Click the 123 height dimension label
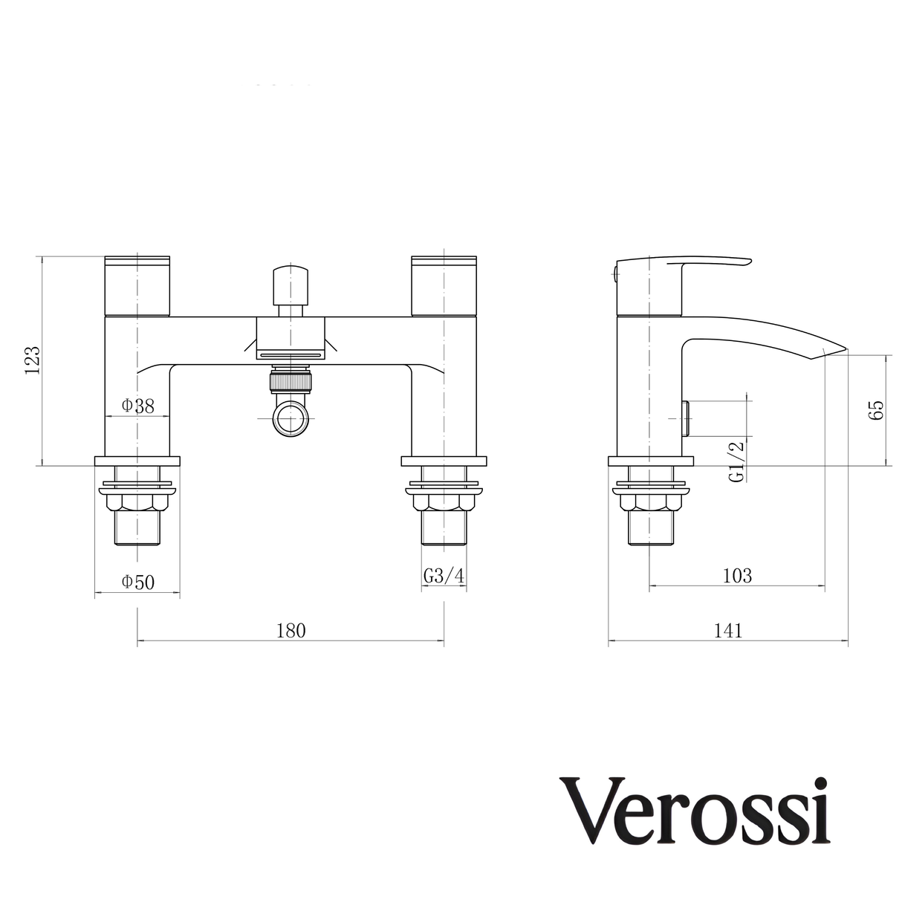(32, 362)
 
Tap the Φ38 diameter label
(137, 406)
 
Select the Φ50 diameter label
(137, 582)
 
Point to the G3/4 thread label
(444, 577)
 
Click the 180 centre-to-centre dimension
(291, 631)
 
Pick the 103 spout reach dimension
(736, 575)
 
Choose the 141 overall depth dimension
(728, 631)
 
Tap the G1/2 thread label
(736, 461)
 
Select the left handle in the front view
(137, 285)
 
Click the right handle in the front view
(444, 285)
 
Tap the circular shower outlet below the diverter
(291, 418)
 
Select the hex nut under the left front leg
(137, 503)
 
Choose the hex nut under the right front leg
(444, 503)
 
